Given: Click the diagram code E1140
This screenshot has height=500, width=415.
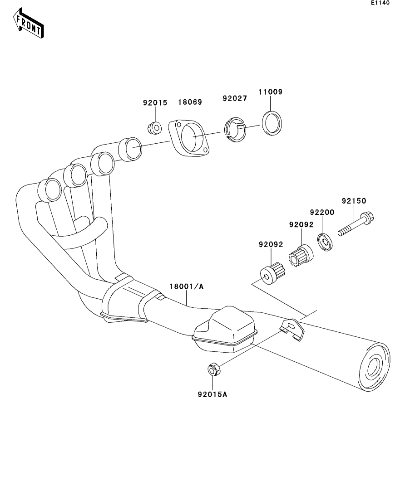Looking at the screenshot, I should (380, 3).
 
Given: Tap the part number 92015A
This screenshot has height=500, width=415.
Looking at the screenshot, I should (212, 394).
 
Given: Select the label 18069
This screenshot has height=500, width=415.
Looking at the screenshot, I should (190, 103).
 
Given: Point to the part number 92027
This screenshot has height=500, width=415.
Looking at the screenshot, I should (234, 98).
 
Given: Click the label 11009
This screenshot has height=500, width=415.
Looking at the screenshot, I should (271, 92).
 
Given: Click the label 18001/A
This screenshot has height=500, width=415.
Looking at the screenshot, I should (187, 286).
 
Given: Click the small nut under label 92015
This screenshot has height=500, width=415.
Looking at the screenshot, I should (154, 128).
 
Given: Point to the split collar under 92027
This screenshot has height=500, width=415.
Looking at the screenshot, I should (235, 130).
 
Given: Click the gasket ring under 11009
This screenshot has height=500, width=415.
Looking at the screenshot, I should (272, 122).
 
